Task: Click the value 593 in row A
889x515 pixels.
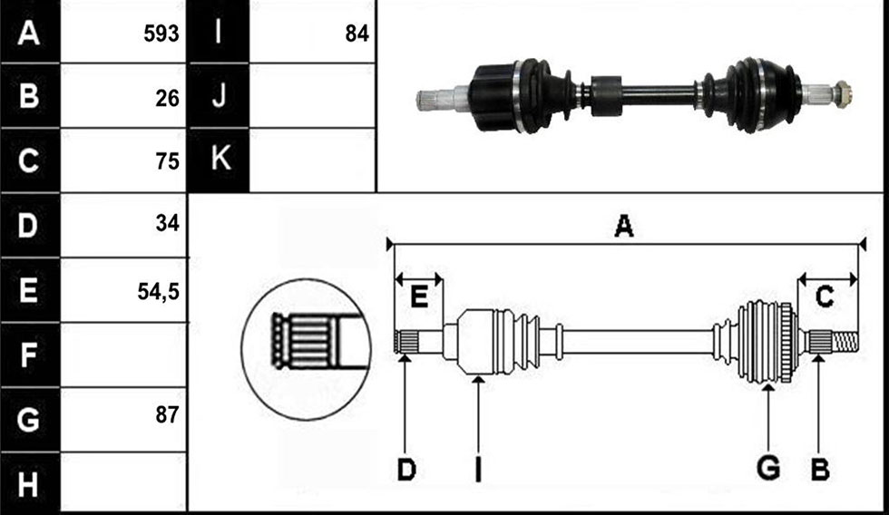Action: pyautogui.click(x=161, y=34)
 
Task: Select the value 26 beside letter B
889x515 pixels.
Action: pyautogui.click(x=167, y=99)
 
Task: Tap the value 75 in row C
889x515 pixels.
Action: pyautogui.click(x=167, y=161)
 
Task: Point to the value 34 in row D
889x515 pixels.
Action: pyautogui.click(x=167, y=223)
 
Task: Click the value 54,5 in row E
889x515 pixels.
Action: pyautogui.click(x=158, y=291)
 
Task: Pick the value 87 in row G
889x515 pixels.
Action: pyautogui.click(x=167, y=415)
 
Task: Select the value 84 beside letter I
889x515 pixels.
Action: pyautogui.click(x=357, y=34)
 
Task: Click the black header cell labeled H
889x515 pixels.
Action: pyautogui.click(x=29, y=484)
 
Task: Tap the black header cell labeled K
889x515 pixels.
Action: pyautogui.click(x=219, y=160)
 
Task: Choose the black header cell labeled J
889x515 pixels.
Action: pyautogui.click(x=219, y=95)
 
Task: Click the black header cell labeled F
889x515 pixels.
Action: pyautogui.click(x=29, y=355)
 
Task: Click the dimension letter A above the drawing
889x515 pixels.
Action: pyautogui.click(x=624, y=226)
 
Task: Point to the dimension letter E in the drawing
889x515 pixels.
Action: pyautogui.click(x=418, y=297)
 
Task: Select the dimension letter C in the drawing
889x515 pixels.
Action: pyautogui.click(x=825, y=296)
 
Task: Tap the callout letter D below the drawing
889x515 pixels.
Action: pyautogui.click(x=406, y=470)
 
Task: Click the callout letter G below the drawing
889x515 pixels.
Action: pyautogui.click(x=768, y=469)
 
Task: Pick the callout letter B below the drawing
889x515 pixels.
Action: pyautogui.click(x=820, y=470)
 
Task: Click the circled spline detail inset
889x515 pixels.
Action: pyautogui.click(x=307, y=349)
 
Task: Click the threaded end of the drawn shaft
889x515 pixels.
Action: pyautogui.click(x=845, y=342)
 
